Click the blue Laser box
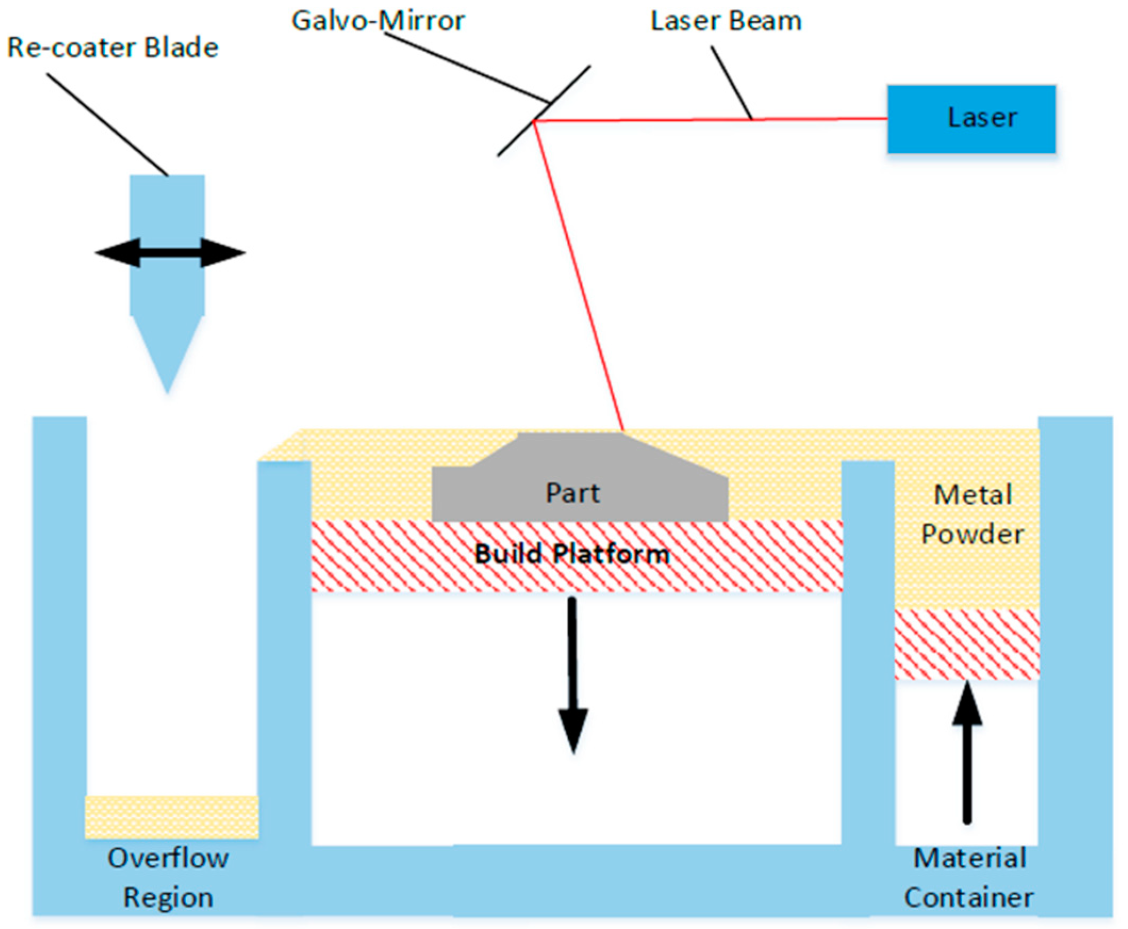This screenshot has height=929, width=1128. click(971, 119)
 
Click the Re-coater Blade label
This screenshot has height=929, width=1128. click(112, 47)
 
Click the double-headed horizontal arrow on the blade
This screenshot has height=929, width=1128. click(170, 252)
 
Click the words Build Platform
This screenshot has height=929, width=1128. click(572, 554)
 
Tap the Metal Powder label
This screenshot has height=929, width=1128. click(972, 514)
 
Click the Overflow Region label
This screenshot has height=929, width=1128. click(169, 878)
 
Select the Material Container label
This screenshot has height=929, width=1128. click(968, 878)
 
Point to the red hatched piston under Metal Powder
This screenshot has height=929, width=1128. click(966, 645)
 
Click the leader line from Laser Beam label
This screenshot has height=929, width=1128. click(731, 83)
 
